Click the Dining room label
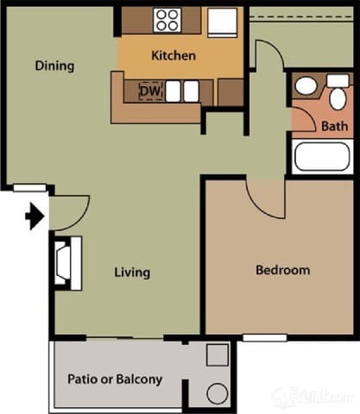[x=54, y=66]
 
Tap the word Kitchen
[x=173, y=55]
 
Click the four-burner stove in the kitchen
[x=167, y=19]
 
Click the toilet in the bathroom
[x=338, y=95]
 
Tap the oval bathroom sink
[x=306, y=86]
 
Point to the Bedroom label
[x=282, y=270]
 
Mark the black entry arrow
[x=35, y=216]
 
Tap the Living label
[x=132, y=273]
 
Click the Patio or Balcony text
[x=115, y=379]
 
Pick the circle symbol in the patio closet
[x=218, y=393]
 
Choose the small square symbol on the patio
[x=218, y=353]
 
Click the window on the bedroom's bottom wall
[x=263, y=337]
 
